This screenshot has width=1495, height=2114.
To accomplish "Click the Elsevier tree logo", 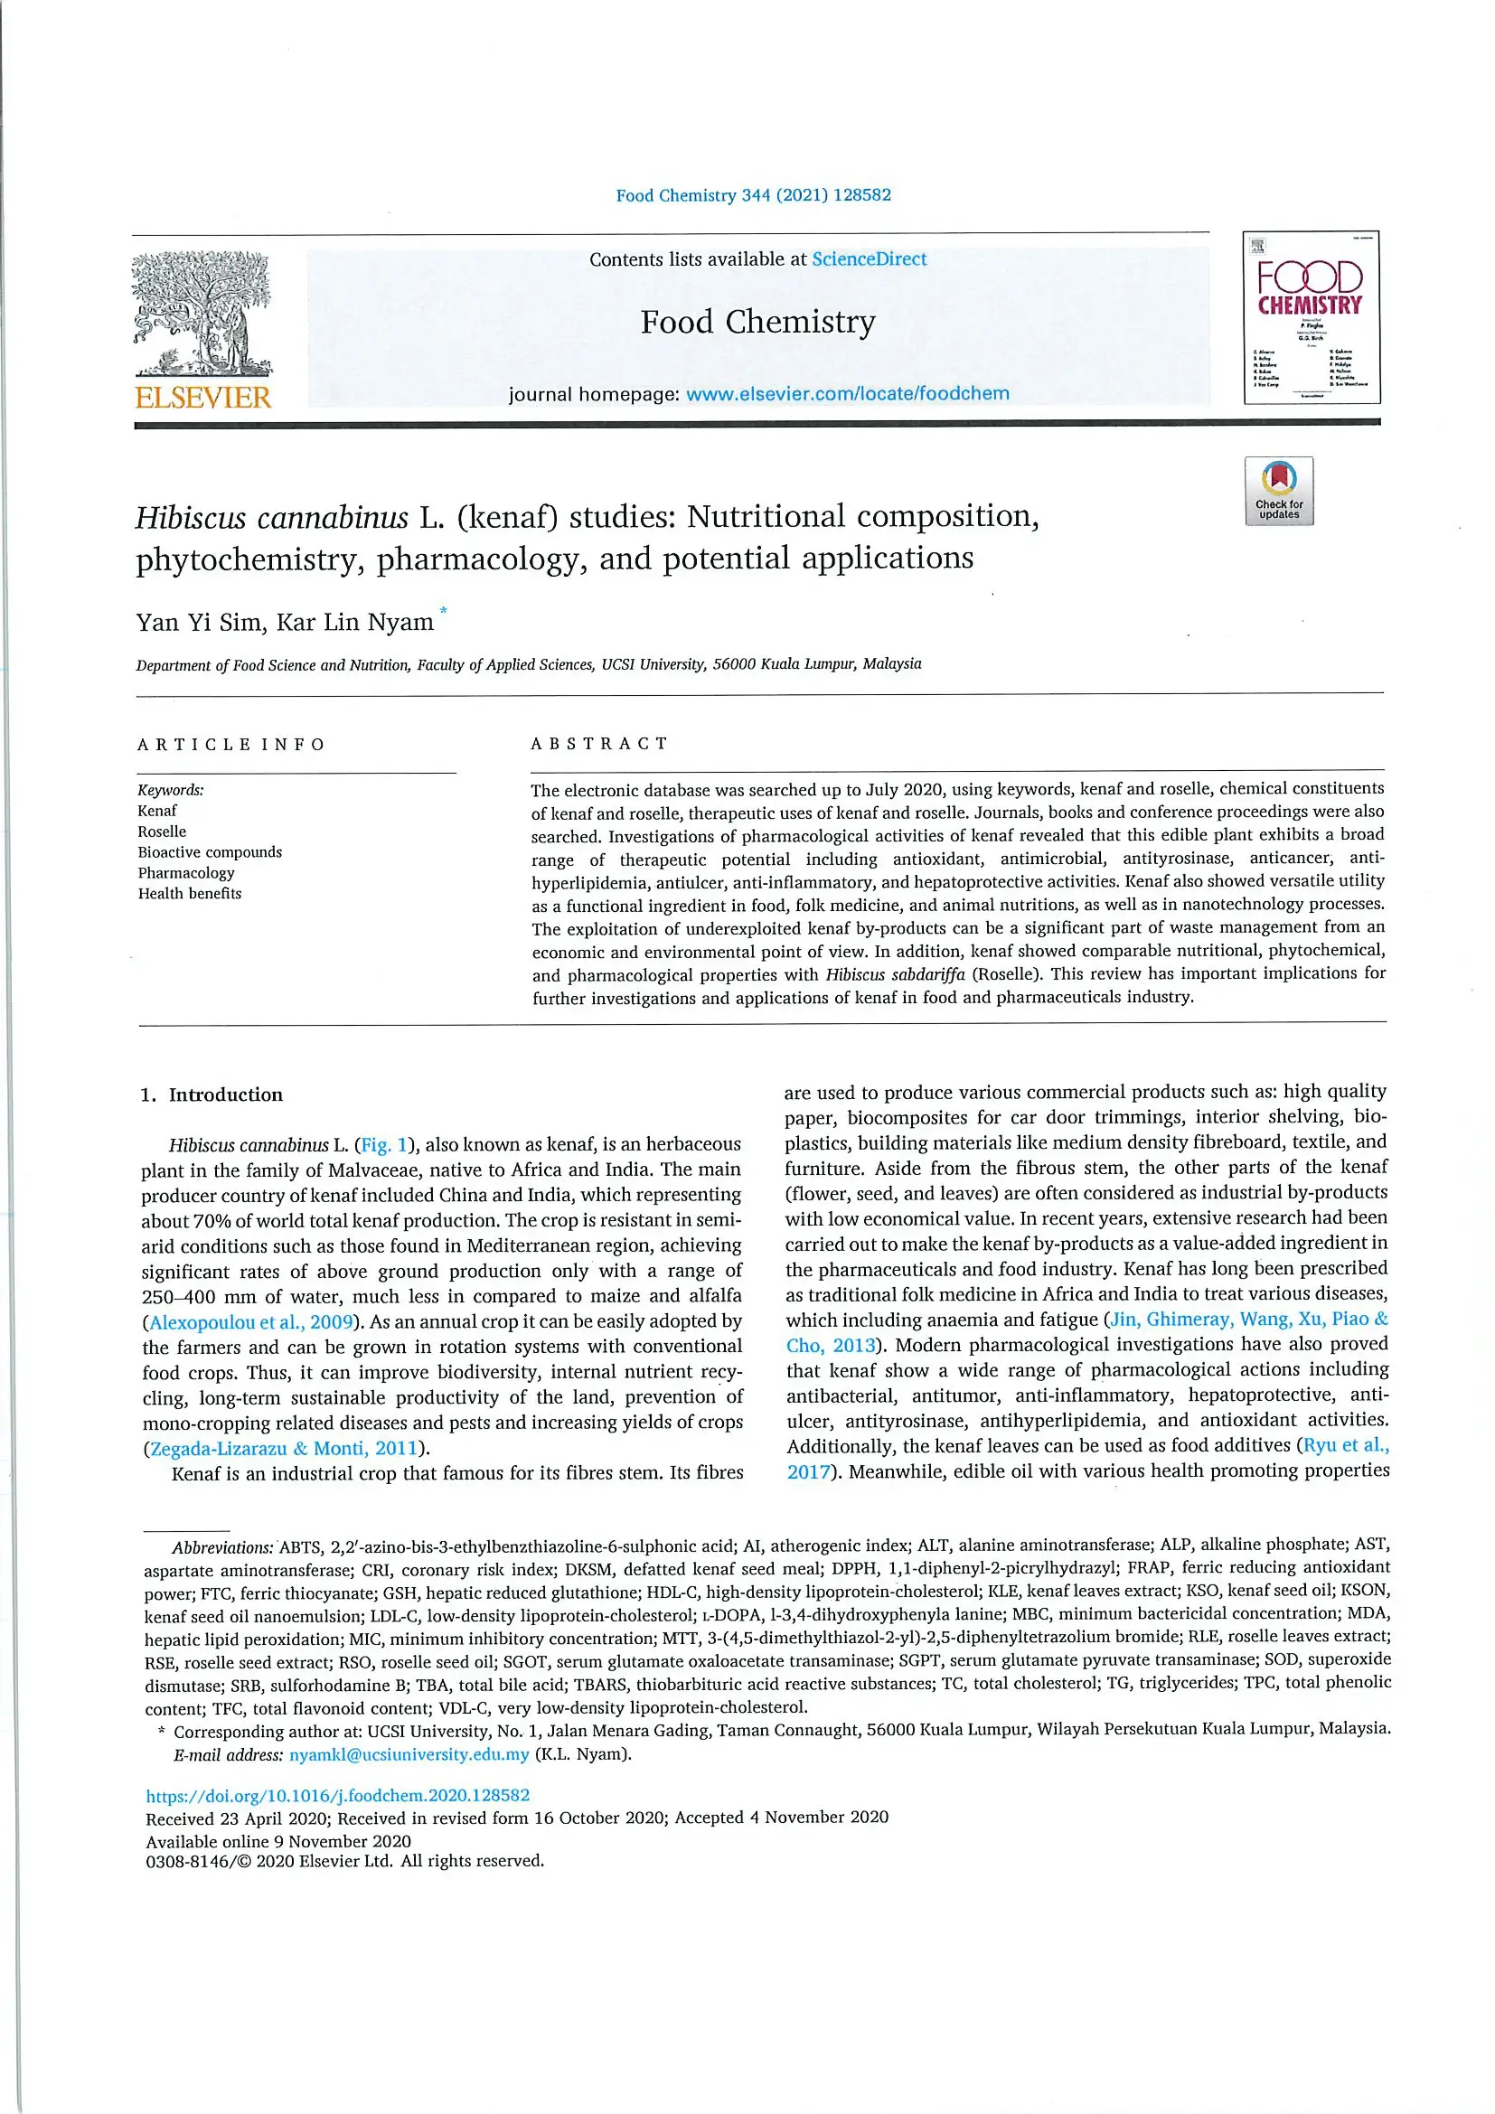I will (202, 313).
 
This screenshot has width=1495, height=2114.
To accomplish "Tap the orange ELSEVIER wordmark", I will (202, 398).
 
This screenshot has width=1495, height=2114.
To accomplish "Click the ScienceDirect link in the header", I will (869, 259).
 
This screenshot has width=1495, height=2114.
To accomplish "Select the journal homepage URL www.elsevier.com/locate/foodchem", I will (847, 394).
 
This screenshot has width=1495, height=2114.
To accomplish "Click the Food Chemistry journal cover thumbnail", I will (1311, 317).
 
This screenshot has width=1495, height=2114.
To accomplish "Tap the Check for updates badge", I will (1279, 492).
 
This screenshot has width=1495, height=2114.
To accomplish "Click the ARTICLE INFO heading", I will (231, 744).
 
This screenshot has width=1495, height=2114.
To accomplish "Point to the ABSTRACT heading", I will (599, 743).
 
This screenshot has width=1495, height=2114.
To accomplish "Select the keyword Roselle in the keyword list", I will (162, 832).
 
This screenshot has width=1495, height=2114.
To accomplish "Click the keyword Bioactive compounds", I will (210, 852).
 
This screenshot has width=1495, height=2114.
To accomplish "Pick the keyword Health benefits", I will (190, 893).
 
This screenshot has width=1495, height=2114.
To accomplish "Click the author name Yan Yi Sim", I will (198, 624).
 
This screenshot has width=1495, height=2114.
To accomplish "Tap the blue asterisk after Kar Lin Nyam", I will (444, 610).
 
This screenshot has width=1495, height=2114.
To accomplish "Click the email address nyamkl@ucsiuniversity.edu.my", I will (409, 1755).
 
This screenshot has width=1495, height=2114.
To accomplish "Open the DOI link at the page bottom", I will (338, 1796).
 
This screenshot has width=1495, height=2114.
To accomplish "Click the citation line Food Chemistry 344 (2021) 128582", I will (753, 195).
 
